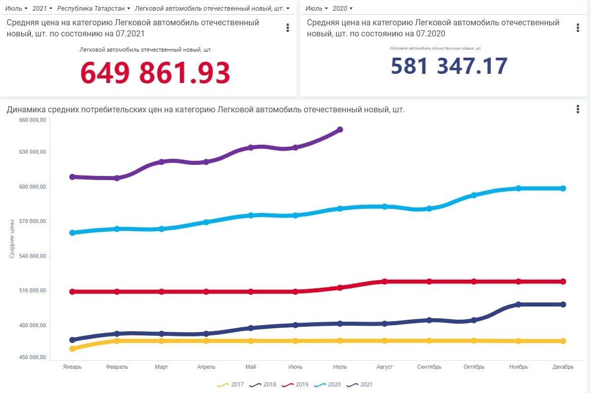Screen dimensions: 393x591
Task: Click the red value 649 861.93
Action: click(155, 73)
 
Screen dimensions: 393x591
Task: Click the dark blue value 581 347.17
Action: click(449, 66)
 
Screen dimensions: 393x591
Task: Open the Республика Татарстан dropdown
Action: click(93, 9)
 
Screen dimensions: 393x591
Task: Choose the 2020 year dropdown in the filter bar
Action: click(342, 9)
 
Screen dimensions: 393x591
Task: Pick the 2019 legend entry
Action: click(296, 385)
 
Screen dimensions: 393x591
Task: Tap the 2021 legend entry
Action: click(360, 385)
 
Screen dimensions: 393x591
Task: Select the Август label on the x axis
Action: click(385, 367)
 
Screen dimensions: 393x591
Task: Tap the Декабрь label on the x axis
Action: click(563, 367)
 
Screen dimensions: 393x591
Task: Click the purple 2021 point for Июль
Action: click(340, 129)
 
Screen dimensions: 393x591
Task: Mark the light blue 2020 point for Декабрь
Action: click(563, 188)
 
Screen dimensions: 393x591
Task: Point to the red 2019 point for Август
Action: click(385, 281)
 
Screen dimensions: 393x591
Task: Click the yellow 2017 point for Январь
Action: click(72, 348)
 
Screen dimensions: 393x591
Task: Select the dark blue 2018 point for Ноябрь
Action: click(519, 304)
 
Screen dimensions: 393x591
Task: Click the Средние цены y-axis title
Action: click(12, 238)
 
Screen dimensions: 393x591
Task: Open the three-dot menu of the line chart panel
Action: click(578, 109)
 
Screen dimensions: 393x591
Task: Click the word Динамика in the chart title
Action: click(25, 110)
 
